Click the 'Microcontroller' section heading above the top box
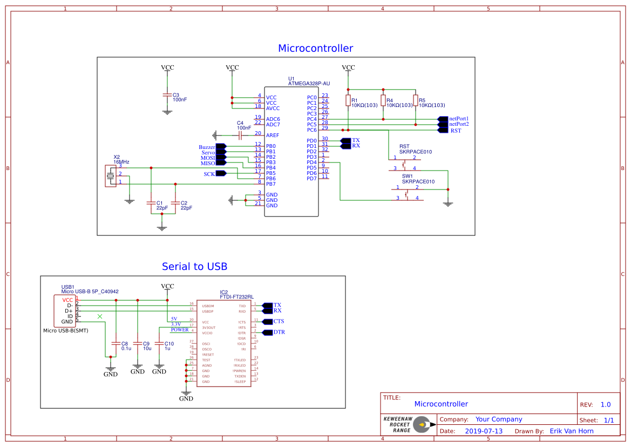[315, 49]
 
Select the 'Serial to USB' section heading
[194, 267]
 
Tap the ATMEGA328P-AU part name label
[309, 84]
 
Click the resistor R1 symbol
[348, 100]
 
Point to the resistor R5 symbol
[416, 100]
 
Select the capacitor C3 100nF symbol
[167, 95]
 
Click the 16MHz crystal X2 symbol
[112, 176]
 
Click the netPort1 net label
[459, 119]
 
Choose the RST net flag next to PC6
[442, 130]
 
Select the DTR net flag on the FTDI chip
[267, 332]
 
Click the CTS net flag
[267, 321]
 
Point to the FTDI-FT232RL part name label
[236, 297]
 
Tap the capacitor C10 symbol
[159, 343]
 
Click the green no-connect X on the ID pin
[99, 316]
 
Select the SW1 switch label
[407, 176]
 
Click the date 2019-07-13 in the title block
[484, 431]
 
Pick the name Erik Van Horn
[571, 431]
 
